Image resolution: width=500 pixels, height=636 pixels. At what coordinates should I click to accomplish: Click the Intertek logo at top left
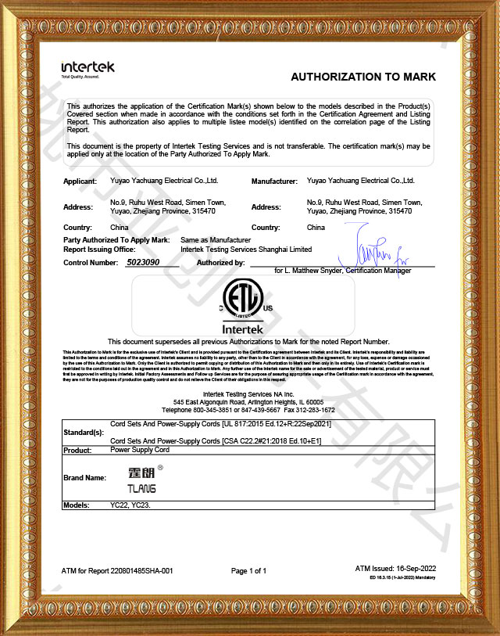click(x=87, y=68)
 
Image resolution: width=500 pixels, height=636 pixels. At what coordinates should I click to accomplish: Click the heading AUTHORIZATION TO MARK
click(x=362, y=77)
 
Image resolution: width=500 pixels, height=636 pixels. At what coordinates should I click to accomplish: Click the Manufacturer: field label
click(x=274, y=181)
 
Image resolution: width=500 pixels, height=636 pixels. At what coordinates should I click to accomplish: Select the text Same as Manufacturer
click(x=215, y=239)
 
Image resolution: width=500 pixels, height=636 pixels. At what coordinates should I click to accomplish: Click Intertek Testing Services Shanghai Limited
click(x=245, y=250)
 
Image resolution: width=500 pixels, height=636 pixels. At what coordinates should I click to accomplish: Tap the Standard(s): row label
click(x=83, y=432)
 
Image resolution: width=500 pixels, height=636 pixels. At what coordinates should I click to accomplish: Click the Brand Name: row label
click(x=84, y=476)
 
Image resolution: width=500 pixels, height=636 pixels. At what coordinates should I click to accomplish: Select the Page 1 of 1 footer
click(x=248, y=571)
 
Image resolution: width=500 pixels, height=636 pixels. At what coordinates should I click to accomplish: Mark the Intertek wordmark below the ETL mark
click(x=245, y=330)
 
